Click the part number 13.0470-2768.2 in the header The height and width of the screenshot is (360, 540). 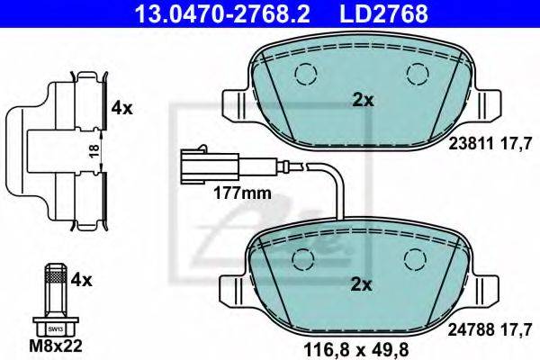(x=222, y=13)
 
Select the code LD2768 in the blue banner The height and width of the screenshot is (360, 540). (x=384, y=13)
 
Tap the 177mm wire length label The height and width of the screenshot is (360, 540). (x=242, y=193)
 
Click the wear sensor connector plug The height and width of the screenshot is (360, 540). (x=209, y=164)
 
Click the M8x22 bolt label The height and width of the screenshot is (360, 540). (x=56, y=346)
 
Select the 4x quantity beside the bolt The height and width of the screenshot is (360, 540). (x=82, y=281)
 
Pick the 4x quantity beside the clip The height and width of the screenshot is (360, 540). (x=121, y=109)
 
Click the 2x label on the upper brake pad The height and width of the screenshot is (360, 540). (x=363, y=100)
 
